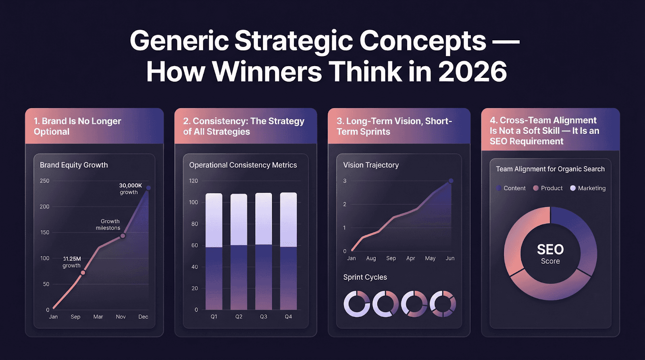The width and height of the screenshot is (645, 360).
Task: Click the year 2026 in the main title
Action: [x=472, y=72]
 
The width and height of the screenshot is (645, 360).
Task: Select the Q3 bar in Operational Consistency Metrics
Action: [x=264, y=251]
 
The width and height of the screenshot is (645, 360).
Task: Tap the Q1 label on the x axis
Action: [x=214, y=317]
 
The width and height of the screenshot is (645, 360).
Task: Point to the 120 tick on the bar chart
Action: [x=193, y=181]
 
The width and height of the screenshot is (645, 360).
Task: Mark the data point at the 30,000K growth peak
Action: [x=148, y=188]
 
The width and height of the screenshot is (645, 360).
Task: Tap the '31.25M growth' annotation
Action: [x=72, y=262]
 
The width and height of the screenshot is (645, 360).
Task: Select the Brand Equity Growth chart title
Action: [x=74, y=165]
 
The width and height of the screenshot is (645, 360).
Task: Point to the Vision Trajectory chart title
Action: [x=371, y=165]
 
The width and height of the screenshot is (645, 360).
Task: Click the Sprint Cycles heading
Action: [x=365, y=277]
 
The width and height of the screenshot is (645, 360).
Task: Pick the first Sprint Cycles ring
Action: [x=356, y=304]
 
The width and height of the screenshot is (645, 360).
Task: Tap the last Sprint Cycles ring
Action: [x=443, y=304]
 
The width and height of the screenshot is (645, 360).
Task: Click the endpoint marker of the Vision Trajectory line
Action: [x=451, y=181]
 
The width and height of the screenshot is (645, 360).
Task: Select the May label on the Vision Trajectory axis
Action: [x=430, y=258]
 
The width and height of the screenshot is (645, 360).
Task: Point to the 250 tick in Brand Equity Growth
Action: [x=44, y=181]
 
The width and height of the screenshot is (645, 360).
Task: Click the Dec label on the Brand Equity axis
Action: [x=143, y=317]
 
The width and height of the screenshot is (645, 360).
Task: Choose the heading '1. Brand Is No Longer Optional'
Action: [x=77, y=126]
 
